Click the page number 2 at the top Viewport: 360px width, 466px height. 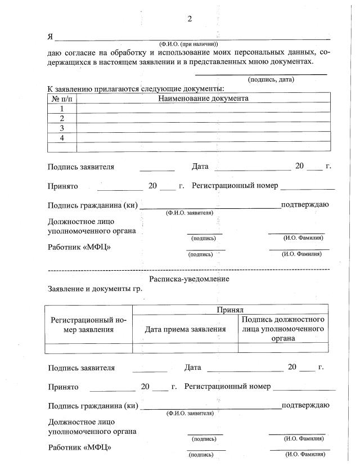[190, 19]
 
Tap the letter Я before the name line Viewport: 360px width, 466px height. [51, 37]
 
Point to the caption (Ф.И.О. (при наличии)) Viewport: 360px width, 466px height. [188, 44]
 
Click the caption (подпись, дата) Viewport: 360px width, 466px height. [271, 79]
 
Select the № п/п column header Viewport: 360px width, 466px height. [62, 98]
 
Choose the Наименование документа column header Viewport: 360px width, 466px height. [203, 98]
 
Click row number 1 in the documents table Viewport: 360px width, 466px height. [62, 109]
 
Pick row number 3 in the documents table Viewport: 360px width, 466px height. [62, 128]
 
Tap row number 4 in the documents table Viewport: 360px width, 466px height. [62, 138]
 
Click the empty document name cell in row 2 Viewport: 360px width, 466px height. [203, 118]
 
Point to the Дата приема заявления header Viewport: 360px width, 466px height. [186, 329]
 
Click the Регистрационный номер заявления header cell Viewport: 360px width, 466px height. [89, 325]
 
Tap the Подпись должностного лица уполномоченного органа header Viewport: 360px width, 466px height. [283, 329]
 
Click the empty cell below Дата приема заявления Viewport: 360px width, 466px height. [186, 348]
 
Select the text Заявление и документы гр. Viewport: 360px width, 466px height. [95, 289]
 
